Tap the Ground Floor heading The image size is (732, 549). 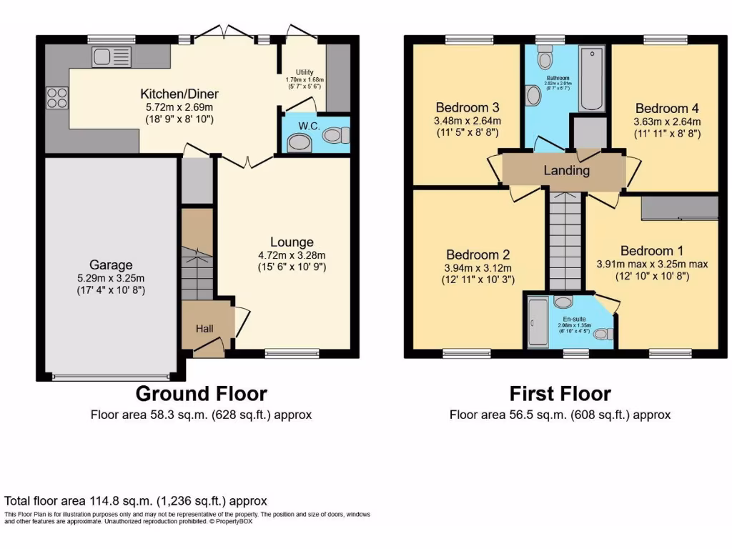tap(201, 393)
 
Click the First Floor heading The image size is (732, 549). tap(560, 393)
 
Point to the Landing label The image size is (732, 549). tap(567, 170)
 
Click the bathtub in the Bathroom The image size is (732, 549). tap(592, 79)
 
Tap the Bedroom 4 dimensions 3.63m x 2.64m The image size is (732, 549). tap(668, 122)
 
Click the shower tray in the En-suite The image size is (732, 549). tap(537, 322)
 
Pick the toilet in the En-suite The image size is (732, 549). tap(603, 333)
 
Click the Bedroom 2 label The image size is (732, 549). tap(478, 254)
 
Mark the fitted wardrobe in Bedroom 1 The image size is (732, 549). tap(679, 207)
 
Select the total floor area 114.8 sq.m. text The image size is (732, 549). tap(136, 501)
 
